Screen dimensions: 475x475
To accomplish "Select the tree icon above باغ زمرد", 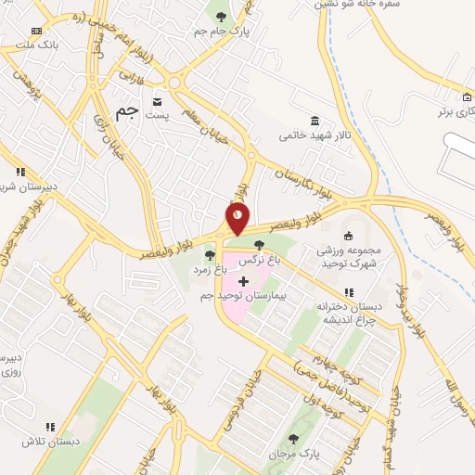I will tap(211, 254).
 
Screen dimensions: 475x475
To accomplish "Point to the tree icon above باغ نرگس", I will tap(259, 246).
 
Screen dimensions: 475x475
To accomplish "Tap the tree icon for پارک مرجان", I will tap(294, 440).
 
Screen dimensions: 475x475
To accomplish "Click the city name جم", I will tap(127, 111).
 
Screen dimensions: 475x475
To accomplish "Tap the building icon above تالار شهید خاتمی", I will tap(315, 121).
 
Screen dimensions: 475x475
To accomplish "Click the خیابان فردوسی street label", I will tap(238, 403).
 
